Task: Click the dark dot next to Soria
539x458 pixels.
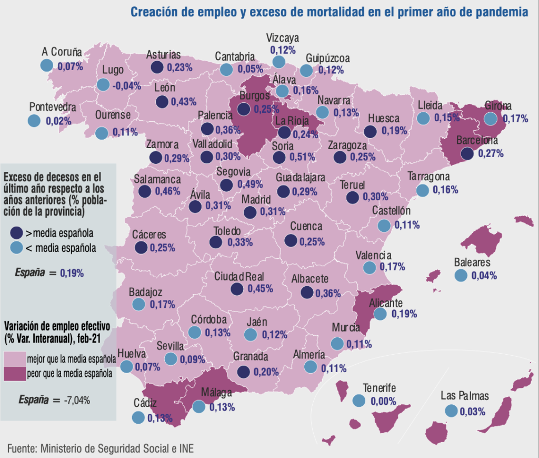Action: click(279, 158)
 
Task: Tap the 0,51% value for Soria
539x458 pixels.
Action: click(302, 157)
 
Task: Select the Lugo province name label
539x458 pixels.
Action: click(113, 70)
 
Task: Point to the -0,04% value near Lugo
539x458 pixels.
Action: click(126, 85)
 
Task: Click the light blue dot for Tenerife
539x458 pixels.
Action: click(359, 401)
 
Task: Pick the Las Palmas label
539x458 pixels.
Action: click(465, 396)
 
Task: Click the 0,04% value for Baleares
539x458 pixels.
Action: click(484, 275)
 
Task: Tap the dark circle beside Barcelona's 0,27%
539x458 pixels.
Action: click(467, 153)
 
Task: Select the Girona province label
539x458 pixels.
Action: click(498, 105)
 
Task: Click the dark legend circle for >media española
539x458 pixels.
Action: click(16, 233)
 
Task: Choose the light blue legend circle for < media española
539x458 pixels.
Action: click(16, 247)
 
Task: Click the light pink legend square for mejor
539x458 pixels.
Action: click(15, 358)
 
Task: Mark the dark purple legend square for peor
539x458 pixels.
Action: click(15, 374)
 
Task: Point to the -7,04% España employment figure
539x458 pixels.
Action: click(77, 400)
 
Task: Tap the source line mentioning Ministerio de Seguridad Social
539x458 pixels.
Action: click(101, 449)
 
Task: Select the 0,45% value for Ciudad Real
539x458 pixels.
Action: click(260, 288)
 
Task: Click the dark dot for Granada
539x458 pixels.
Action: click(244, 372)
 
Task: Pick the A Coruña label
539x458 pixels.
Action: click(62, 52)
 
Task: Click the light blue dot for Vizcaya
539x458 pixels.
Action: click(279, 62)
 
